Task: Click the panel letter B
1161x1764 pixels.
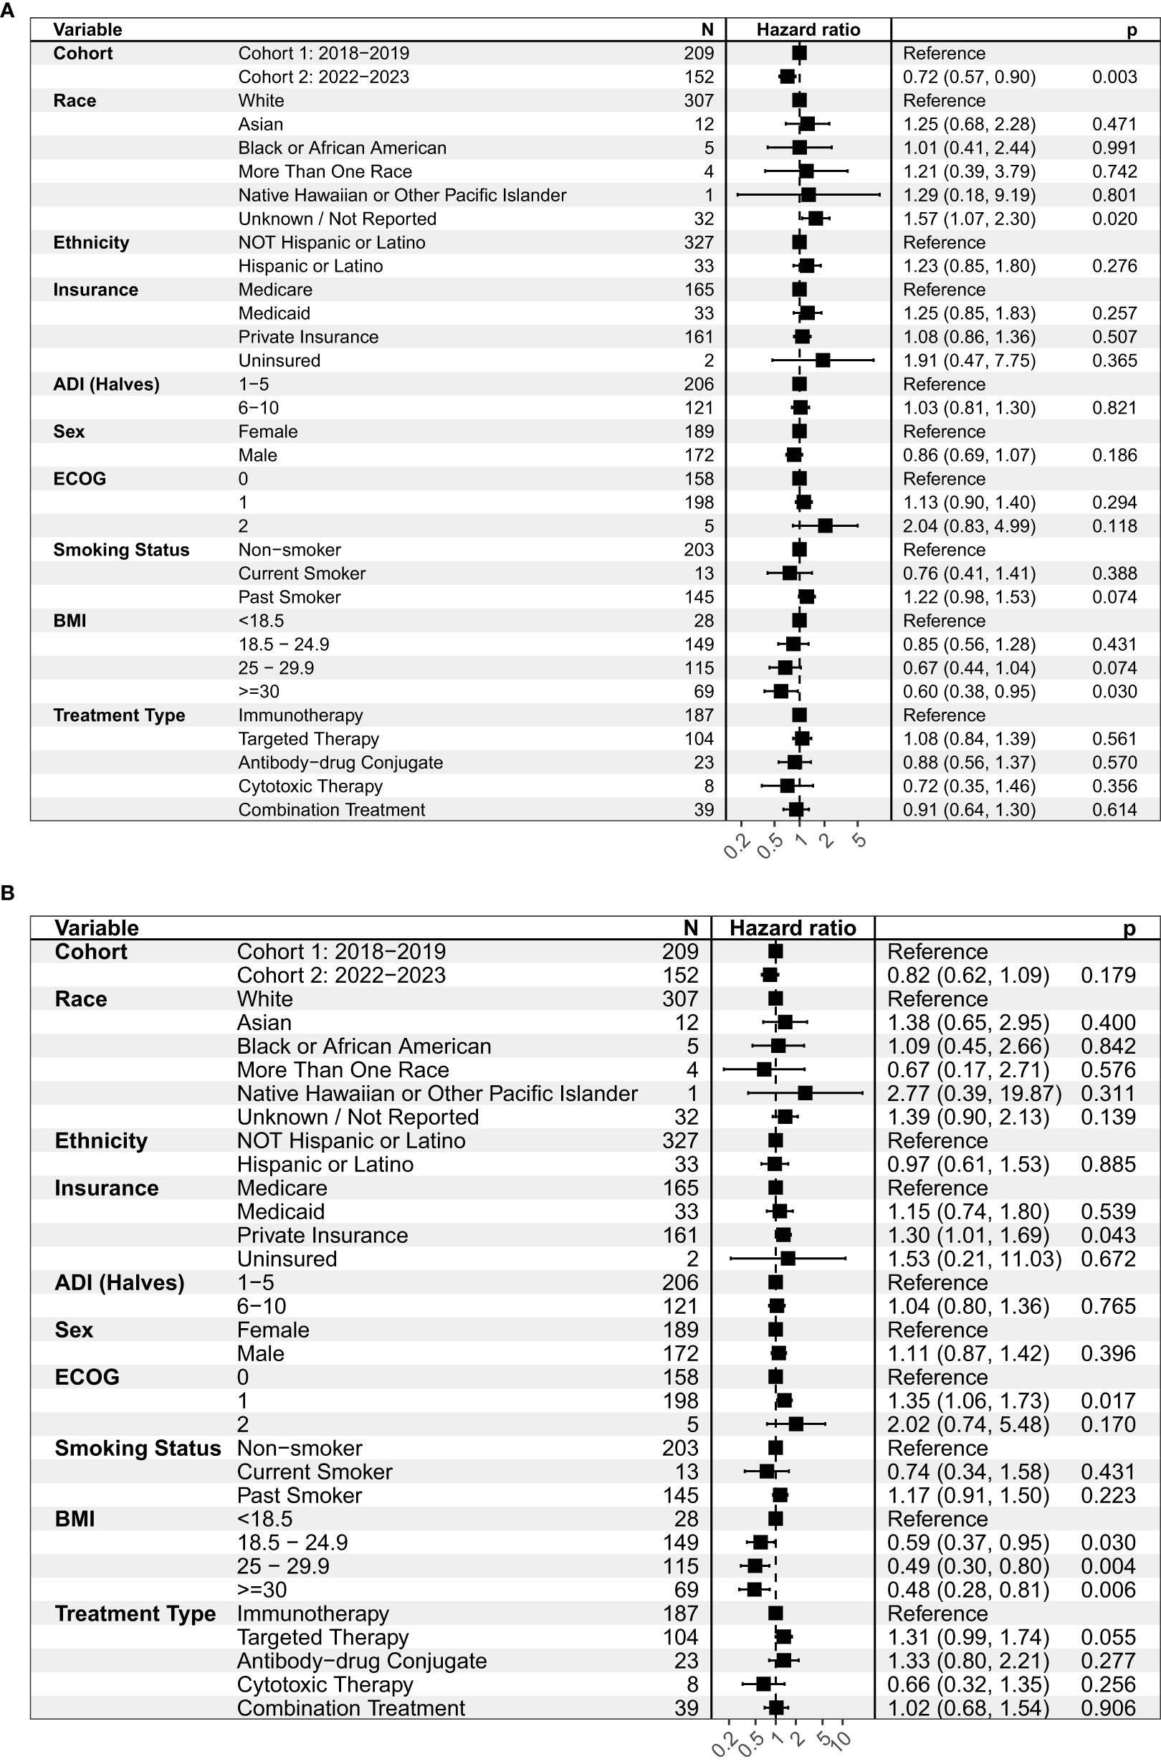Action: tap(7, 892)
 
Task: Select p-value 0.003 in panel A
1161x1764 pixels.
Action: tap(1114, 77)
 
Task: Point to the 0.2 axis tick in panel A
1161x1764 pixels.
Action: tap(737, 846)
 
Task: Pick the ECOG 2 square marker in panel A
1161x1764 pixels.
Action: tap(825, 526)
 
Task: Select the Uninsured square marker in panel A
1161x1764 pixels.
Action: tap(823, 361)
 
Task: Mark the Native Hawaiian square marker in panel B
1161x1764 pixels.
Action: tap(806, 1093)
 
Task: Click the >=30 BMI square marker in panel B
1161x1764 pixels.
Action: tap(754, 1590)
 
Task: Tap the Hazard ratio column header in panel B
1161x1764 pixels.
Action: tap(793, 929)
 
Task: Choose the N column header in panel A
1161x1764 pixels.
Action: tap(707, 29)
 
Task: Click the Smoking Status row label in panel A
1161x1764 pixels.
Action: tap(121, 550)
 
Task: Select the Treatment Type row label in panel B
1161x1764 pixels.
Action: tap(135, 1613)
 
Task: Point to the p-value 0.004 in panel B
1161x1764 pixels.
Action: tap(1108, 1566)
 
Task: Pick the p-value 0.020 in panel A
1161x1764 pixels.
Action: tap(1114, 219)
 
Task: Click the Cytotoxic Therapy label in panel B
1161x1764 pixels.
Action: tap(325, 1684)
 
